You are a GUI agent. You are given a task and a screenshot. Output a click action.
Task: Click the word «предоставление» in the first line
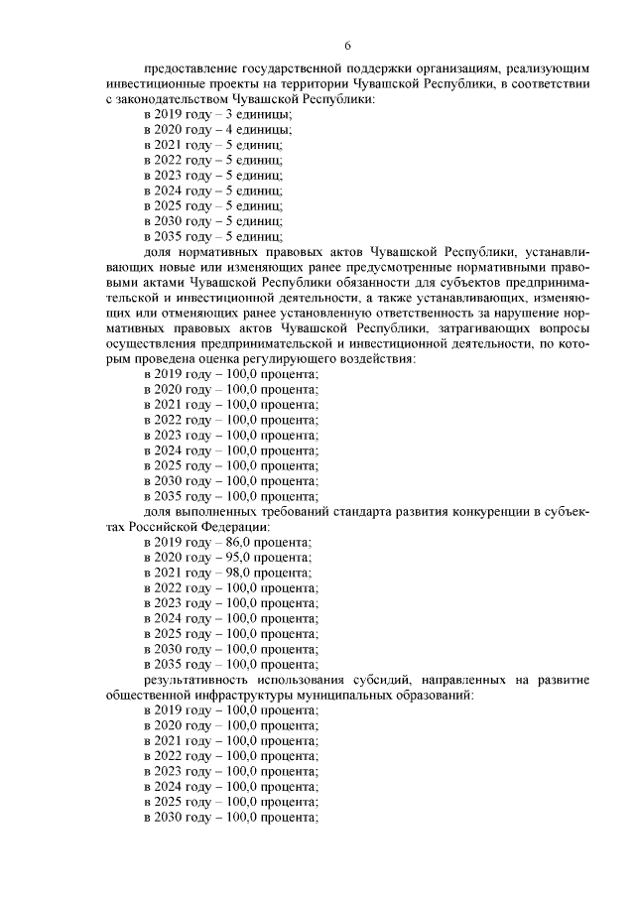click(x=190, y=70)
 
